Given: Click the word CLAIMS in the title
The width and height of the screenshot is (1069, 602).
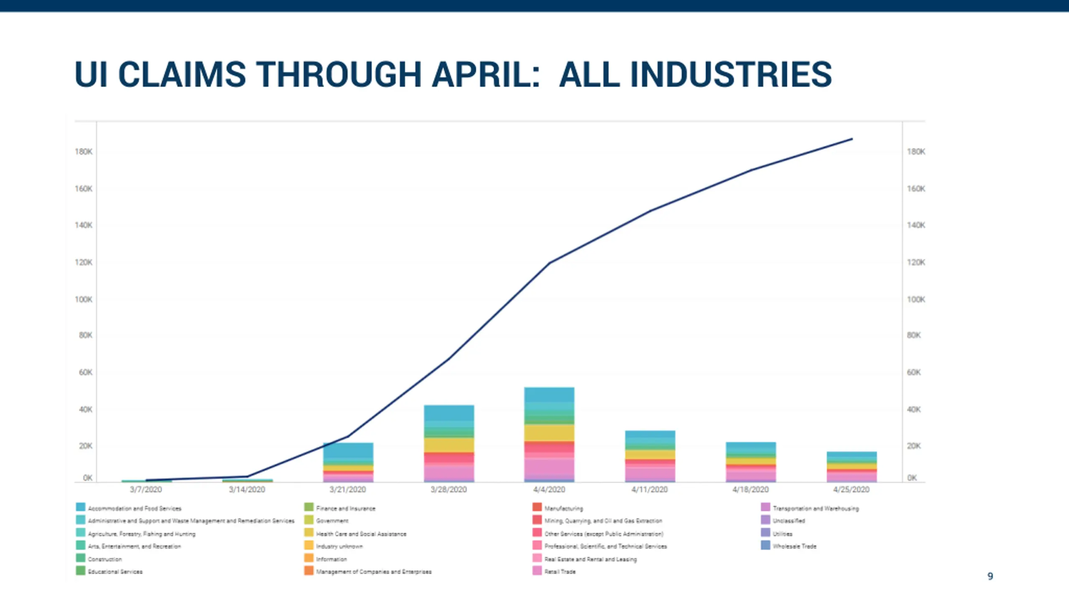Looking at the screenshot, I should [182, 74].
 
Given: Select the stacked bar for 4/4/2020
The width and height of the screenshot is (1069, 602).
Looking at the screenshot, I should [549, 435].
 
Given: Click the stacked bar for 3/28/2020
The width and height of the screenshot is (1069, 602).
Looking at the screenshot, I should [449, 443].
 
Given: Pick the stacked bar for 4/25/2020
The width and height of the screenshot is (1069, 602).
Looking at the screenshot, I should [851, 467].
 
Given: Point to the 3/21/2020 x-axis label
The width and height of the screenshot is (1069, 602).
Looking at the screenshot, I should [347, 490].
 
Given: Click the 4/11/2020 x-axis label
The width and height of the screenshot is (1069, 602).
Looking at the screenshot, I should [649, 490].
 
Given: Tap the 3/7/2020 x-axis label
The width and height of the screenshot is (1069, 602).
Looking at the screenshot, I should [146, 490].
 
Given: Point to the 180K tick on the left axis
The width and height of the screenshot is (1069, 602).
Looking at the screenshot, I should [84, 152].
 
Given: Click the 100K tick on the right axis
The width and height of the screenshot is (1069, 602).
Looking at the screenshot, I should [916, 299].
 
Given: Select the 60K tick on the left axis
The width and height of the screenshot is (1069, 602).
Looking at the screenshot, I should [86, 372].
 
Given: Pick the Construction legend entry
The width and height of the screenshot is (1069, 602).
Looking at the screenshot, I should [105, 559].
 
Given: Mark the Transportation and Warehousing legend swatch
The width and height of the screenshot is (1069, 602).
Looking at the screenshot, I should [765, 507].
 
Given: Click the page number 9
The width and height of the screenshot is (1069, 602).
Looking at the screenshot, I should [990, 576].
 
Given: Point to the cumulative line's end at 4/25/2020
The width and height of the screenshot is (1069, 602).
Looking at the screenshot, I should [852, 139].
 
